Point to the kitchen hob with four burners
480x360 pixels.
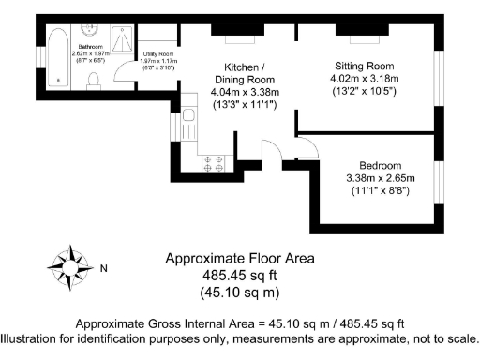pos(213,162)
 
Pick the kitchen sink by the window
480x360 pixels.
pos(188,120)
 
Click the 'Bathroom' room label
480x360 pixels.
pos(90,46)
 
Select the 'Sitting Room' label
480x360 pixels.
pos(367,66)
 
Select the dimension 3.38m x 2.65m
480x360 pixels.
pos(379,178)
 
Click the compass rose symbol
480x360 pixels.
pos(69,268)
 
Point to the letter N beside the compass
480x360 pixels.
pos(104,269)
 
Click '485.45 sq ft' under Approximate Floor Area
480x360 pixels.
pos(240,276)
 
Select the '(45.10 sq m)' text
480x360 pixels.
pos(240,292)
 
